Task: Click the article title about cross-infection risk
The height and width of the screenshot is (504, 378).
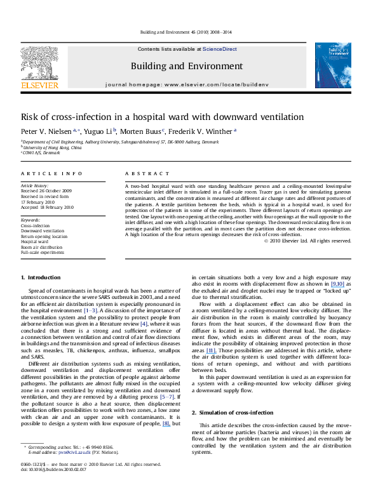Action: pos(145,117)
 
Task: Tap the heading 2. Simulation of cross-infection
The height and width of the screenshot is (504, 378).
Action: pos(228,395)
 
